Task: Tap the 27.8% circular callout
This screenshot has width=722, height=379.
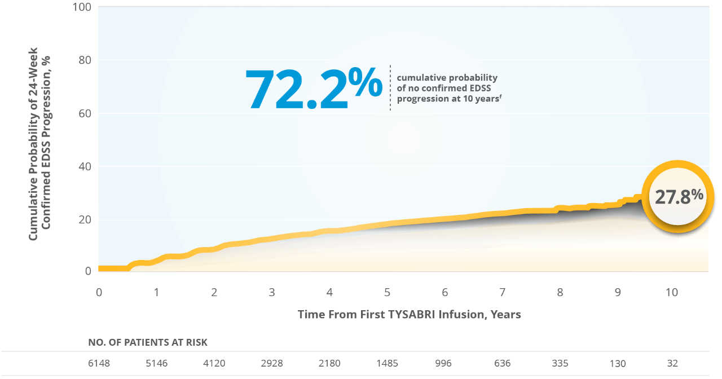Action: (679, 196)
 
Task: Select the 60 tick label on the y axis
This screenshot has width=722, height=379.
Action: (85, 113)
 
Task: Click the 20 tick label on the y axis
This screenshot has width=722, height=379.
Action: (85, 219)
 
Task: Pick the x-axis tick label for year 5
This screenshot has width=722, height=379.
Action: (387, 293)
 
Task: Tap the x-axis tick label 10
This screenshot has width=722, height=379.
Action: (671, 293)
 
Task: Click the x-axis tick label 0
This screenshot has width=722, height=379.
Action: (99, 293)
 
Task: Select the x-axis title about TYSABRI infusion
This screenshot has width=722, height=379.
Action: (409, 314)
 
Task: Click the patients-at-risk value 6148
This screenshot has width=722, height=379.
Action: (99, 363)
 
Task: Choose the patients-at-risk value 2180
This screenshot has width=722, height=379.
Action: (329, 363)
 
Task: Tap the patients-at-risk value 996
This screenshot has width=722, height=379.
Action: (444, 363)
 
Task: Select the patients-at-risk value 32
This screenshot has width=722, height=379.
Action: (671, 363)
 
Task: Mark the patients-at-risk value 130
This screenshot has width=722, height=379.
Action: (617, 363)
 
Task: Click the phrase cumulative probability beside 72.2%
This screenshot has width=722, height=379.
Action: (447, 78)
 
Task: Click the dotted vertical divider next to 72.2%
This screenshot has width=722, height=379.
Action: (390, 87)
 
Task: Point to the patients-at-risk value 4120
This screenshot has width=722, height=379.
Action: (214, 363)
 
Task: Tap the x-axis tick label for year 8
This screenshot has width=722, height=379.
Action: (560, 293)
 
